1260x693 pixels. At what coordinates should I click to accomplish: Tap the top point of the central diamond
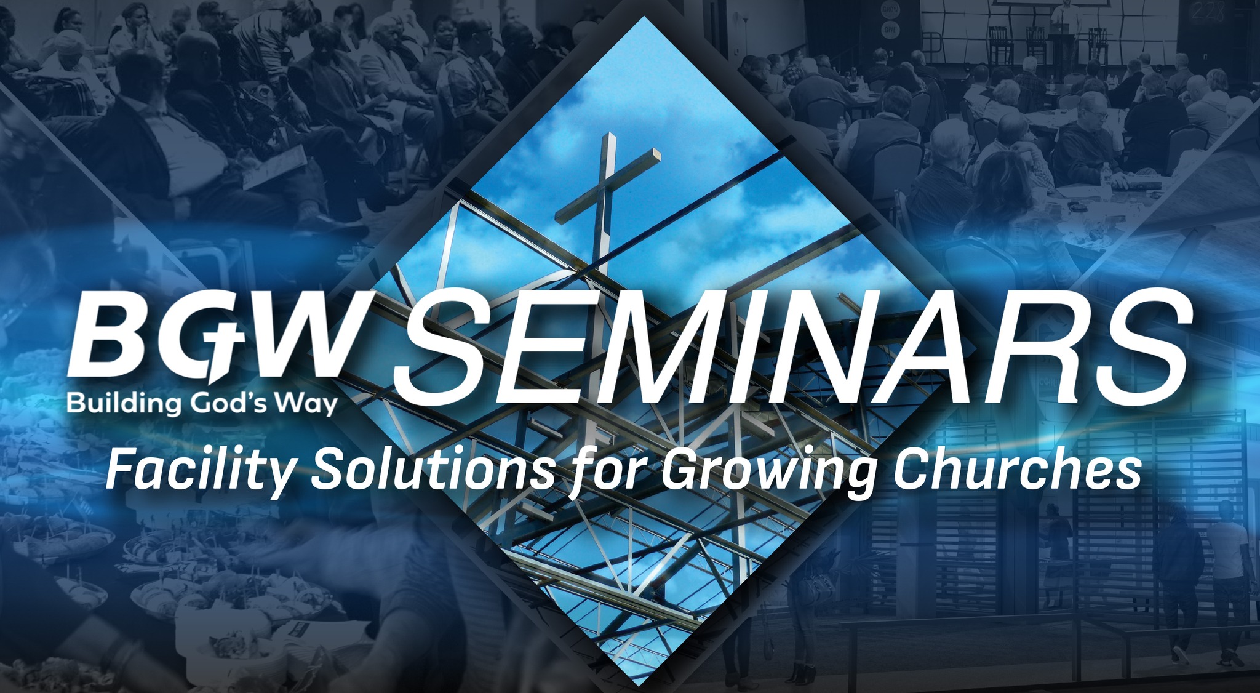[x=644, y=17]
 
